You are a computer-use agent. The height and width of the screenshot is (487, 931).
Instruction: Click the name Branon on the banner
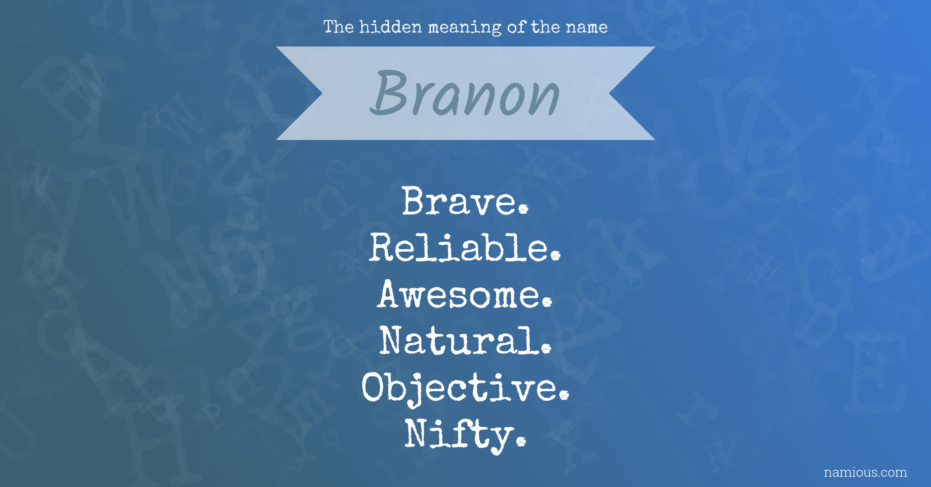pos(465,93)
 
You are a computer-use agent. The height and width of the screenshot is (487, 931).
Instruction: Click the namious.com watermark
pos(865,472)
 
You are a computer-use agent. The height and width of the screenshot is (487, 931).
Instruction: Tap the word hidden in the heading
pos(391,27)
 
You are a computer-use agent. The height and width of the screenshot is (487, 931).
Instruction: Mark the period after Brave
pos(524,209)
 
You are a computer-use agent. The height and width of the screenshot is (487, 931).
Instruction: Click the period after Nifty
pos(521,441)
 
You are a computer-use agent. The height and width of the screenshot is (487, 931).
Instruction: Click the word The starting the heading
pos(339,27)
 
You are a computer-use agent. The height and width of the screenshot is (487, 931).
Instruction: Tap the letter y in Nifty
pos(499,439)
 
